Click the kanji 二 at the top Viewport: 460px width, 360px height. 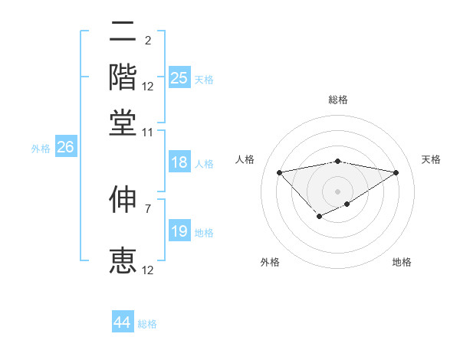(123, 31)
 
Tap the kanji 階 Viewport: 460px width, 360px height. (123, 76)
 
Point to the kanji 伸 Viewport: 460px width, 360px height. (123, 200)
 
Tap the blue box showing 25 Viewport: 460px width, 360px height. (179, 77)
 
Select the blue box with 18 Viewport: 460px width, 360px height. (179, 162)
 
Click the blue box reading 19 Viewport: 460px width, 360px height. (179, 231)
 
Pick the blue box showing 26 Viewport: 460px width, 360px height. (65, 148)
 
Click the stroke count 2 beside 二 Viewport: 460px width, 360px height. (147, 41)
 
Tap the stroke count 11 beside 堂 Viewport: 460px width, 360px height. (147, 132)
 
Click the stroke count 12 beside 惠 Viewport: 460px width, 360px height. (147, 270)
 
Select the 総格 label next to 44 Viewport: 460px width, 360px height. (147, 324)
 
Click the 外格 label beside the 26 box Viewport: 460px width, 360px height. (41, 149)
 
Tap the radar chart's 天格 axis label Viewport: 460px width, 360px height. (431, 159)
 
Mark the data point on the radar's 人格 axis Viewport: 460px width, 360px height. (279, 172)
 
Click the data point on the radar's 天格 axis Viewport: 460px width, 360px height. (396, 172)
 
